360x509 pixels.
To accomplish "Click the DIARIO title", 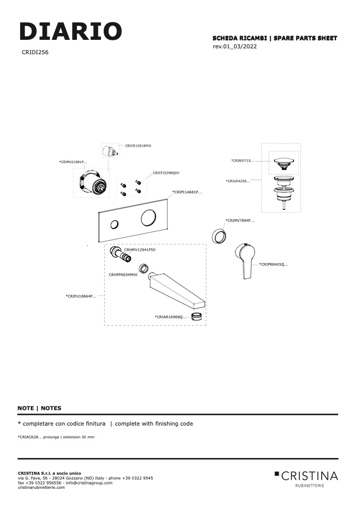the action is [71, 31].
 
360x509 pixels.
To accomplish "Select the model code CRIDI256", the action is [35, 52].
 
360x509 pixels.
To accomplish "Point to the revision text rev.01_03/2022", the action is [235, 46].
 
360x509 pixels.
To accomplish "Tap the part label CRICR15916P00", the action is [138, 146].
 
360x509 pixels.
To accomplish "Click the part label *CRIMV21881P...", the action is [73, 162].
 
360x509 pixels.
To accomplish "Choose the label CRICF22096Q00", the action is [166, 173].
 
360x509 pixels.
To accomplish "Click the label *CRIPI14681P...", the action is [187, 192].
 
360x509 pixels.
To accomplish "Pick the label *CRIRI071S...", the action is [242, 160].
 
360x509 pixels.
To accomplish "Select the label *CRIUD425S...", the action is [238, 181].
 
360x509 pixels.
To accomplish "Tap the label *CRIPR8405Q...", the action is [273, 264].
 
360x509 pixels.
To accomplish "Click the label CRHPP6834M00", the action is [123, 275].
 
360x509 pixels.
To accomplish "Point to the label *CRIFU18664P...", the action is [81, 296].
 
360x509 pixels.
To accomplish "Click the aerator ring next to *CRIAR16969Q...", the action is [197, 316].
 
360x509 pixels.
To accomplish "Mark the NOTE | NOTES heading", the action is [39, 408].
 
